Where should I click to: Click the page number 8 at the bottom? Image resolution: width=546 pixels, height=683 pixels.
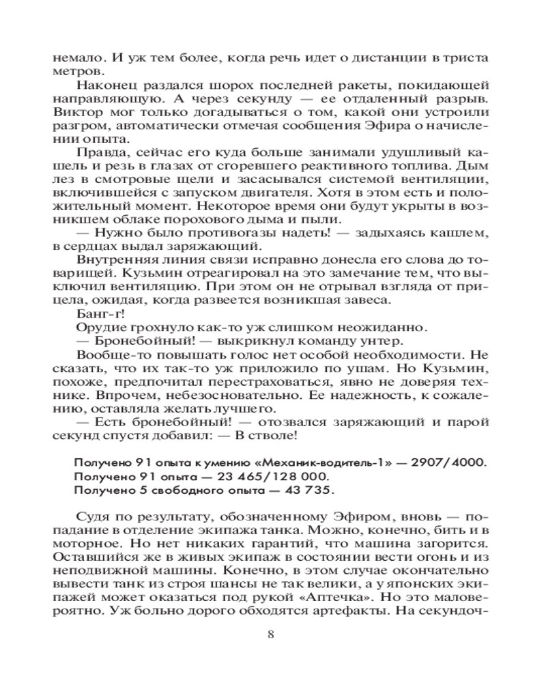(x=272, y=634)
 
